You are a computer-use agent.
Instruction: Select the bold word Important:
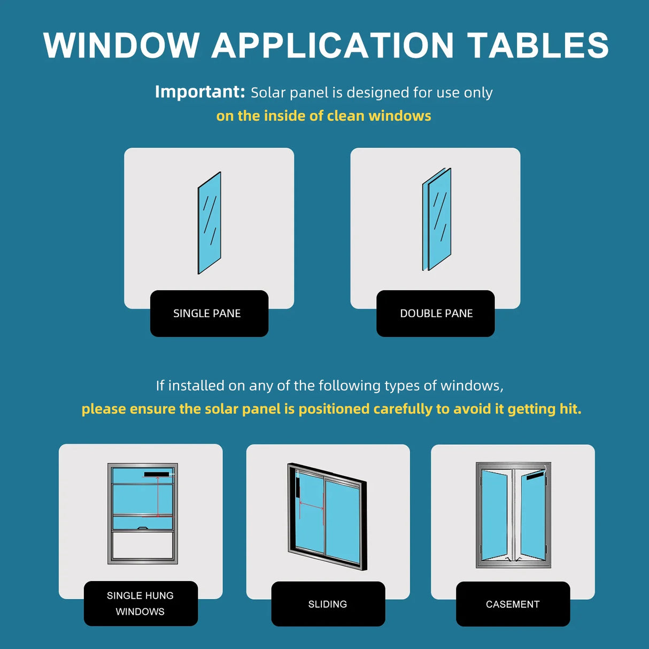(x=199, y=92)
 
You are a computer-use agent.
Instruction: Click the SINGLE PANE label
(x=207, y=313)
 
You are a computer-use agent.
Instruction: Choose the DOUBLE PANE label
(x=436, y=313)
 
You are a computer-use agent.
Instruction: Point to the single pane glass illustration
(x=210, y=223)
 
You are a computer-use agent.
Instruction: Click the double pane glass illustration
(x=437, y=219)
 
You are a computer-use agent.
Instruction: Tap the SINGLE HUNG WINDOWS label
(x=140, y=603)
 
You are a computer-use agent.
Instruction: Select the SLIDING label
(x=328, y=604)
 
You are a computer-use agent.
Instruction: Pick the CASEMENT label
(x=513, y=604)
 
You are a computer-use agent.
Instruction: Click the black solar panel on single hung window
(x=156, y=474)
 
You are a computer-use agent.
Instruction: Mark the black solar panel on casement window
(x=535, y=475)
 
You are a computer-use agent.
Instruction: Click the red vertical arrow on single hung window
(x=158, y=497)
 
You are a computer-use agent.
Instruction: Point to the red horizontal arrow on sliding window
(x=311, y=505)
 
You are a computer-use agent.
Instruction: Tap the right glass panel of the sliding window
(x=342, y=521)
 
